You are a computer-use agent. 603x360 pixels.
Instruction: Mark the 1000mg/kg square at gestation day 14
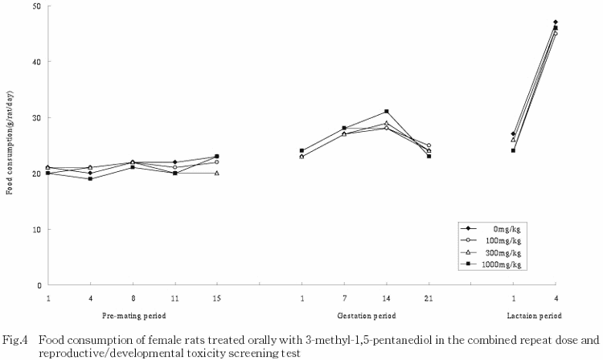(387, 112)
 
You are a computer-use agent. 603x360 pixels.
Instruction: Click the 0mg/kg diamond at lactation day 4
(556, 22)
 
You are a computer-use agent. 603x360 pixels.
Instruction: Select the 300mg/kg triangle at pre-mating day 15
(217, 173)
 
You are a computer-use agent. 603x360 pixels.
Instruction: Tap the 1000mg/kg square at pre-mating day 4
(90, 178)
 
